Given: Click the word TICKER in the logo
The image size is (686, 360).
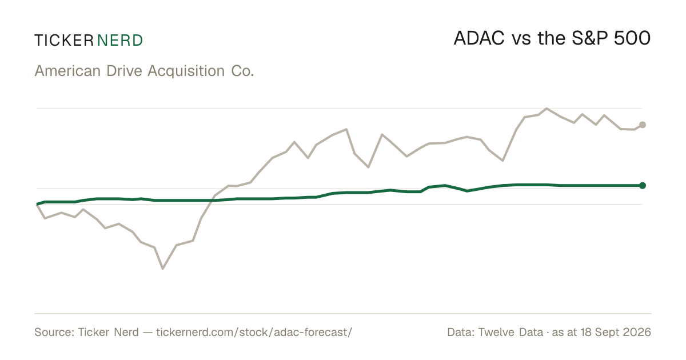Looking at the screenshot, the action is [x=64, y=41].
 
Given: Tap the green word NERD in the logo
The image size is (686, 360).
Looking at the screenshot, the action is [x=120, y=41].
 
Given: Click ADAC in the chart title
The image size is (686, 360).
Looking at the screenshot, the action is [x=479, y=38].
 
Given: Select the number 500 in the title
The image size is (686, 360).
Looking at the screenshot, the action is [x=632, y=38].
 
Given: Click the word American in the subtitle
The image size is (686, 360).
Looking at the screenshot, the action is [x=67, y=71].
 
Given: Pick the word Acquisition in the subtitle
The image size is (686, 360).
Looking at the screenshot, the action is [x=186, y=71].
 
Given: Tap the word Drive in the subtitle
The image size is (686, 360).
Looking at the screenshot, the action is [x=125, y=71].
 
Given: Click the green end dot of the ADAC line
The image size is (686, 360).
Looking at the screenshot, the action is [x=643, y=186].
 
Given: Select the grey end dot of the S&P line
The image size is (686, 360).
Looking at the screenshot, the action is [x=643, y=125].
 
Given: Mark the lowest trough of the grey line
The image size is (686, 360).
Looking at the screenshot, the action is [x=162, y=269].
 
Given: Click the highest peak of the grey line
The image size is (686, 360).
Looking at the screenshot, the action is [x=547, y=109].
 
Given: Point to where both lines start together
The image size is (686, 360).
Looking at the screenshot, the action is [x=37, y=204].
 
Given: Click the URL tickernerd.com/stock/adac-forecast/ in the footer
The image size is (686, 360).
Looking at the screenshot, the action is [x=254, y=332].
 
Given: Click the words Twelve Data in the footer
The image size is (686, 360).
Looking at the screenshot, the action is [x=510, y=332].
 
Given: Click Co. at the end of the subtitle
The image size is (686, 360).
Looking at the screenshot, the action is [x=242, y=71].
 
